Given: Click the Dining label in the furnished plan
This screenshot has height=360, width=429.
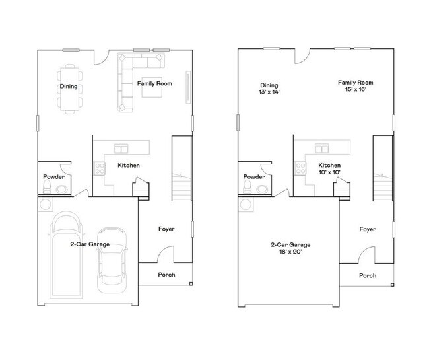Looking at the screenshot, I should pyautogui.click(x=69, y=87).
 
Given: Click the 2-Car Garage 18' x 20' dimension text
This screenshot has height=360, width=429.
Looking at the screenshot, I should pyautogui.click(x=290, y=248).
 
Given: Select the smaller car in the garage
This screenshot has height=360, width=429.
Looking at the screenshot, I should pyautogui.click(x=110, y=259).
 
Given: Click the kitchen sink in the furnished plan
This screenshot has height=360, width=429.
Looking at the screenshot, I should pyautogui.click(x=121, y=149).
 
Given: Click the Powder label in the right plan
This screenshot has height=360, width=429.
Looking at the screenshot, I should pyautogui.click(x=254, y=177).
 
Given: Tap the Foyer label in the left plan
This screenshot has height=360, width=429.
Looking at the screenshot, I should pyautogui.click(x=166, y=229).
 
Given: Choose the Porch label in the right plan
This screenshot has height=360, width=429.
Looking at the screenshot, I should pyautogui.click(x=368, y=275).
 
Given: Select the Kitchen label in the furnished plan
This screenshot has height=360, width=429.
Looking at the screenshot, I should pyautogui.click(x=128, y=165).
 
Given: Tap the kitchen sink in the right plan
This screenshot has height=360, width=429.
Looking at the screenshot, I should pyautogui.click(x=323, y=149).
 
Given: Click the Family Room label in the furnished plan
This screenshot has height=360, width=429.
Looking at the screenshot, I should pyautogui.click(x=154, y=83).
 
